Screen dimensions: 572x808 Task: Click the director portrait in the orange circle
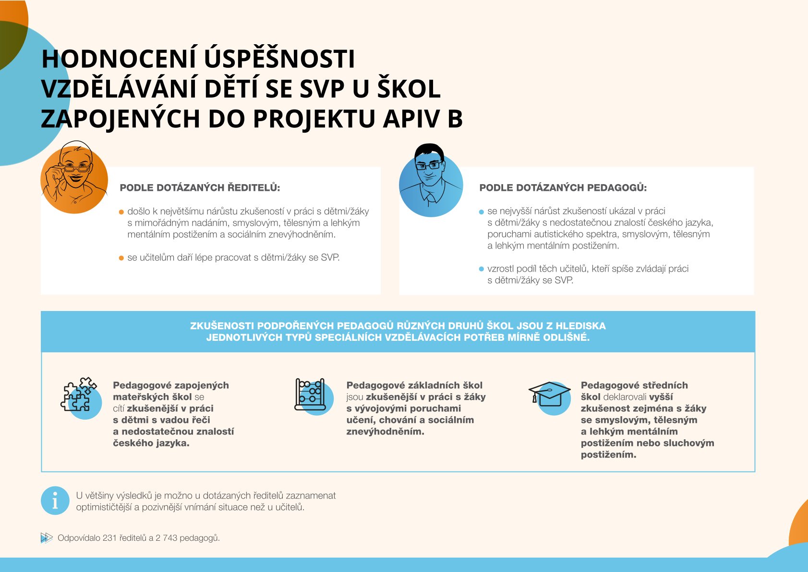point(74,178)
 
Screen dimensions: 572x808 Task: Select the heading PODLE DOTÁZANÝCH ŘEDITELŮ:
point(200,188)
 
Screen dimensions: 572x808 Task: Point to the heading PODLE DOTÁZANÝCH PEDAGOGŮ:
point(563,188)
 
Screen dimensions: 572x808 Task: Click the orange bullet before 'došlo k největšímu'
point(121,212)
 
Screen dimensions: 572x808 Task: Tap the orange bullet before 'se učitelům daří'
point(121,258)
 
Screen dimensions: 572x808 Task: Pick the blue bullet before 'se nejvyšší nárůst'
point(482,212)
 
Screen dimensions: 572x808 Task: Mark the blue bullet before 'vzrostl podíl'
point(482,269)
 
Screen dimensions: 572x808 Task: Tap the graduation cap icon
point(550,395)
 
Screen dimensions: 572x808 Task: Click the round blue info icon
point(55,501)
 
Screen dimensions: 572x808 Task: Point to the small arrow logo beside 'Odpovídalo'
point(46,538)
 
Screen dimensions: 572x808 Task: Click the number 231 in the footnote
point(110,538)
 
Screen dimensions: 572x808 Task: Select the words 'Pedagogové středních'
point(634,385)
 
